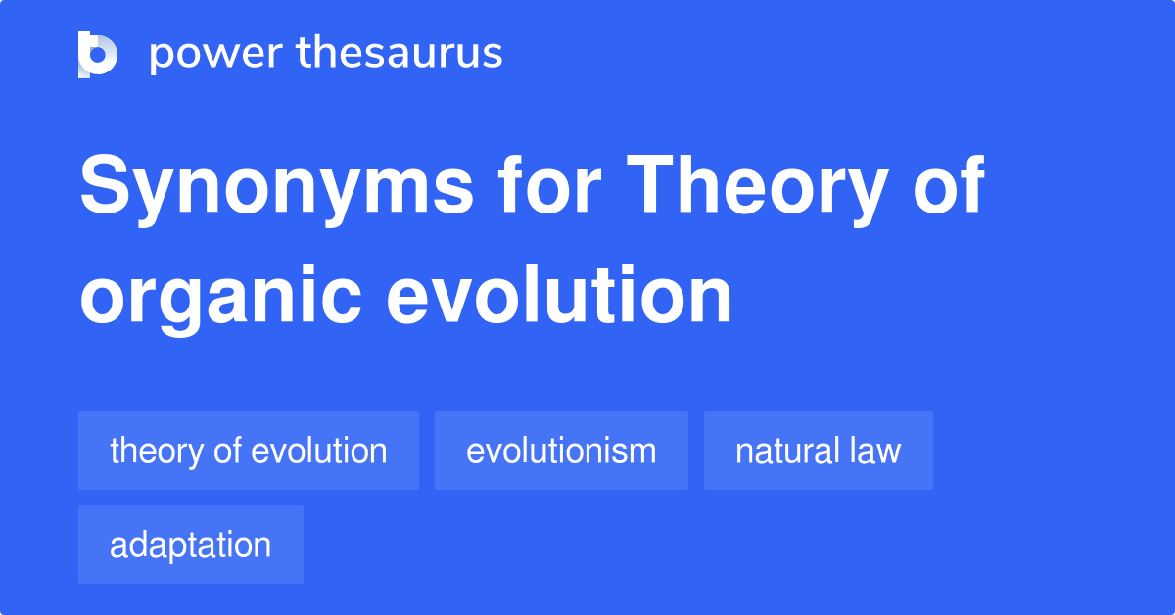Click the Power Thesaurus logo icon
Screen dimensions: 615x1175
tap(98, 54)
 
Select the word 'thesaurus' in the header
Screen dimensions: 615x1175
tap(399, 54)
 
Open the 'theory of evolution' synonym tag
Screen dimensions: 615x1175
tap(249, 450)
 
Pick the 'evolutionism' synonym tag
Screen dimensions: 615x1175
tap(561, 450)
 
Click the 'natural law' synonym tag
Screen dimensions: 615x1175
tap(818, 450)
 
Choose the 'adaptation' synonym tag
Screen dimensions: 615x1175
tap(191, 544)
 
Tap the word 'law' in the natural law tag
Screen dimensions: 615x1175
tap(876, 450)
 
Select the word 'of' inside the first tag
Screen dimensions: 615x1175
tap(227, 450)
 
